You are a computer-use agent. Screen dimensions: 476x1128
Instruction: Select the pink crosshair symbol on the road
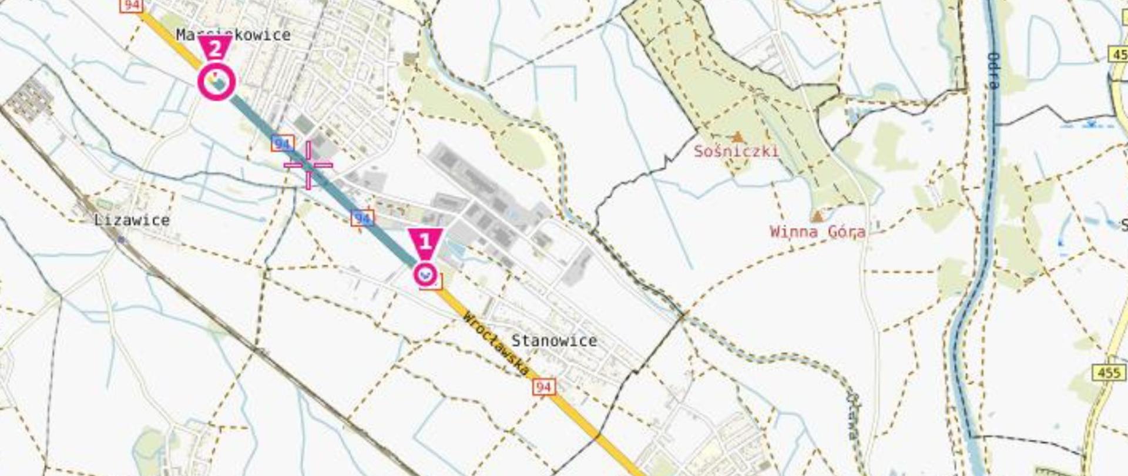click(x=308, y=165)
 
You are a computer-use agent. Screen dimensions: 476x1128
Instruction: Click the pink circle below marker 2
click(x=217, y=82)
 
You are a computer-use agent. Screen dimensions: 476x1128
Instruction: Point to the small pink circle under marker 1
click(x=425, y=274)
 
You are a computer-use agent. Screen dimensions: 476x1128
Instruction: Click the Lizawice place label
click(x=132, y=220)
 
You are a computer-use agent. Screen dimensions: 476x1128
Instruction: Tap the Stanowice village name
click(x=553, y=341)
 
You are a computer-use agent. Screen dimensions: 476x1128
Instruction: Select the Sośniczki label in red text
click(x=736, y=151)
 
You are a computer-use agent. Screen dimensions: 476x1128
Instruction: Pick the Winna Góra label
click(x=817, y=232)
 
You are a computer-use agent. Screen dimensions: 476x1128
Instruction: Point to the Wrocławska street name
click(x=496, y=344)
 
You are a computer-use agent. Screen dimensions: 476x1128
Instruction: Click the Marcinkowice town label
click(x=233, y=35)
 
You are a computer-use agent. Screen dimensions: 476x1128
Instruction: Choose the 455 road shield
click(x=1108, y=373)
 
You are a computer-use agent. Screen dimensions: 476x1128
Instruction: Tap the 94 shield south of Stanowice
click(x=543, y=387)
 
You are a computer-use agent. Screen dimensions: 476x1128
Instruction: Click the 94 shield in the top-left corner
click(x=130, y=5)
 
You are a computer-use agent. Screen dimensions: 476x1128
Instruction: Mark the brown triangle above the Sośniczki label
click(x=737, y=137)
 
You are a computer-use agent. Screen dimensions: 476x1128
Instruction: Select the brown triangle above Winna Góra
click(x=817, y=216)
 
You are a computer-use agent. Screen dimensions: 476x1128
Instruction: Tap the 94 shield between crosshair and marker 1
click(x=362, y=219)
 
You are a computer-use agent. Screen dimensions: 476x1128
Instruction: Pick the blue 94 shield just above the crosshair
click(x=283, y=143)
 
